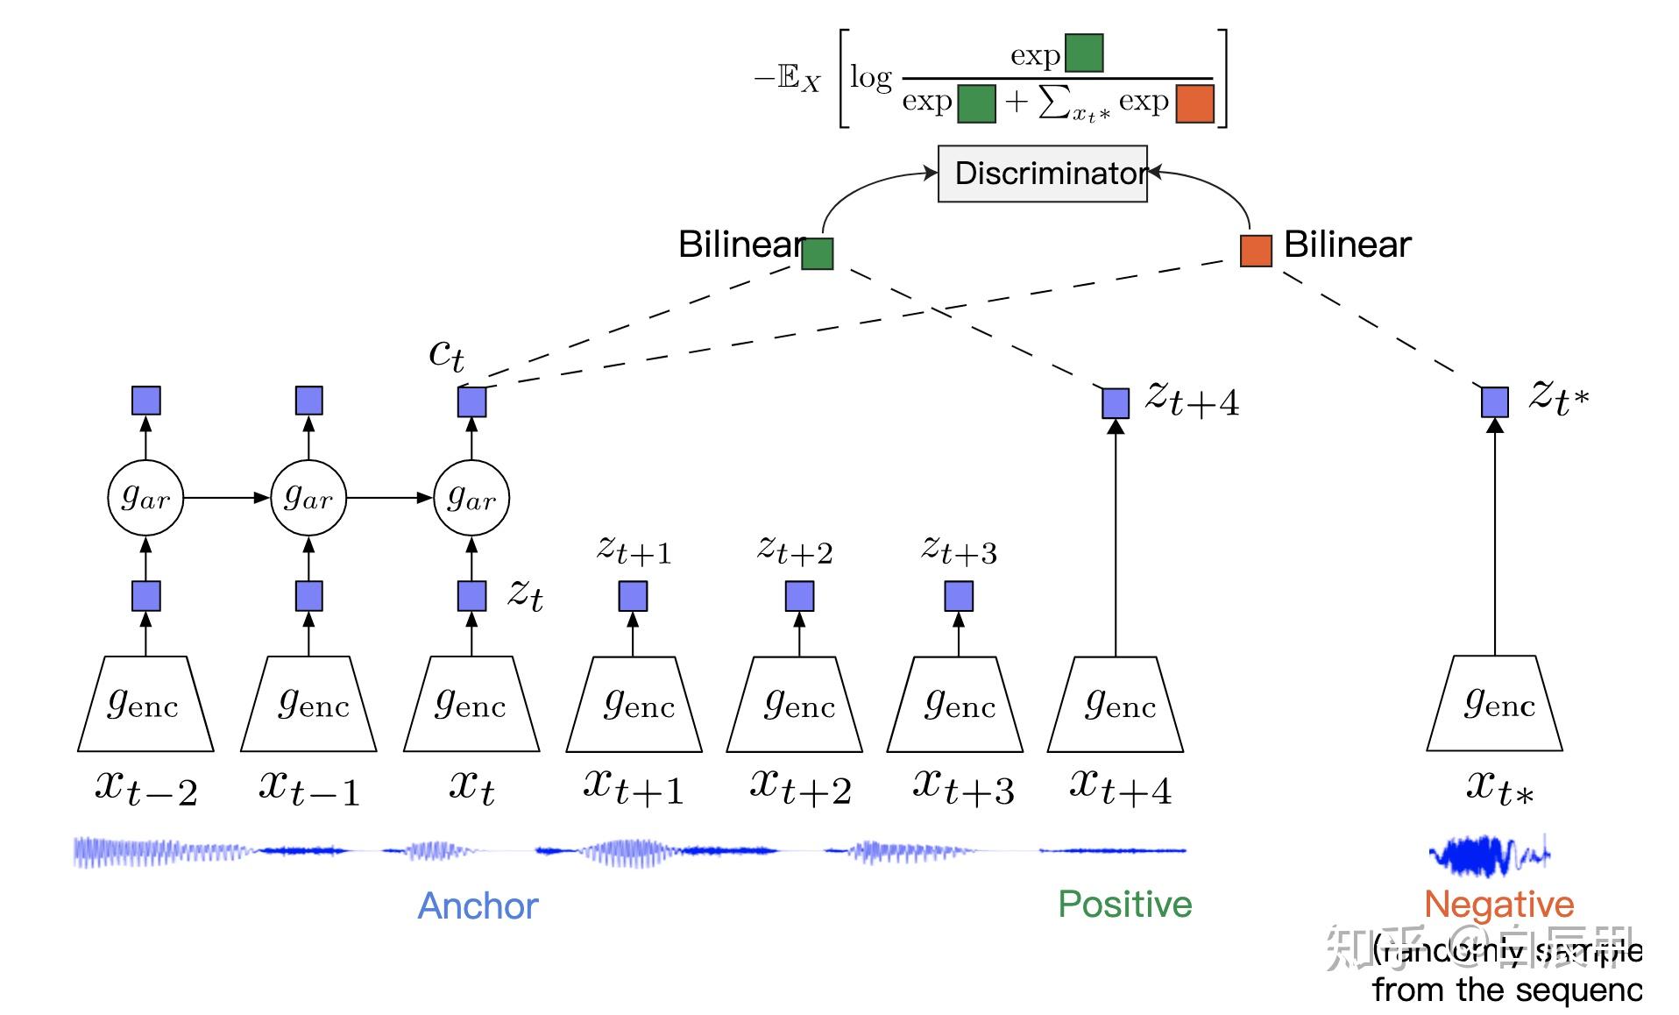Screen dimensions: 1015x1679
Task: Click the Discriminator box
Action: coord(1042,174)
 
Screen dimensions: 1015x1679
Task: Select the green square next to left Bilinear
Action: coord(817,253)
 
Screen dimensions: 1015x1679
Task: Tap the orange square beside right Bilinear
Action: coord(1255,250)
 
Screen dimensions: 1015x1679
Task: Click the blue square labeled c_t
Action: coord(471,402)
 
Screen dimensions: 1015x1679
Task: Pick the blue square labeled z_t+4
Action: coord(1115,403)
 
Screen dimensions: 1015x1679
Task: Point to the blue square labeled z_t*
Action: coord(1494,402)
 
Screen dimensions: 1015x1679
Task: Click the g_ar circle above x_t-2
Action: coord(145,498)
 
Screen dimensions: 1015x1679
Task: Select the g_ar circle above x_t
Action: coord(471,498)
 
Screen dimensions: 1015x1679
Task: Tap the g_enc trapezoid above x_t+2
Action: coord(795,704)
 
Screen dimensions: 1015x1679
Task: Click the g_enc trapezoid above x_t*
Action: coord(1494,704)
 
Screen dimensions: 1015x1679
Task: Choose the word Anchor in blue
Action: coord(478,905)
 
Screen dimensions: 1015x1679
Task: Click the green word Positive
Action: coord(1124,904)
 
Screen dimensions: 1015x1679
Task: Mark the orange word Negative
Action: coord(1498,904)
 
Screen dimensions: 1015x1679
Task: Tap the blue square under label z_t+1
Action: coord(633,597)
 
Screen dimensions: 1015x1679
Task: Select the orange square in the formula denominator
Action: coord(1194,103)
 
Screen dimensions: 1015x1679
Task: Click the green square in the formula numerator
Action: coord(1084,53)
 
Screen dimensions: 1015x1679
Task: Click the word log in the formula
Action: coord(870,79)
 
